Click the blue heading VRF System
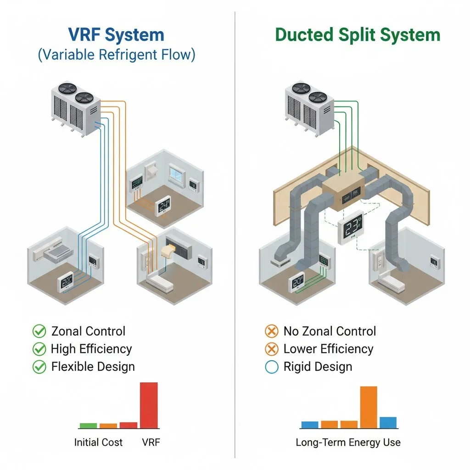tap(116, 35)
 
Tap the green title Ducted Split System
tap(358, 35)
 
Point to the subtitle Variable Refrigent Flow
tap(116, 55)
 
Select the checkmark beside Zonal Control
tap(39, 331)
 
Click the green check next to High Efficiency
tap(39, 349)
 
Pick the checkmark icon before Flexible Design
tap(39, 367)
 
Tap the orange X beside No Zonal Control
tap(272, 331)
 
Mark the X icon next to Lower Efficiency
tap(272, 349)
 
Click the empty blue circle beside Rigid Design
tap(272, 367)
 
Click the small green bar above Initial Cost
tap(88, 425)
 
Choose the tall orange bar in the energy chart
tap(369, 407)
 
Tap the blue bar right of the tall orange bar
tap(388, 422)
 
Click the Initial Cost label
tap(98, 442)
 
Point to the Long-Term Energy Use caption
tap(348, 442)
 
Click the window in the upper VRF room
tap(176, 173)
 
